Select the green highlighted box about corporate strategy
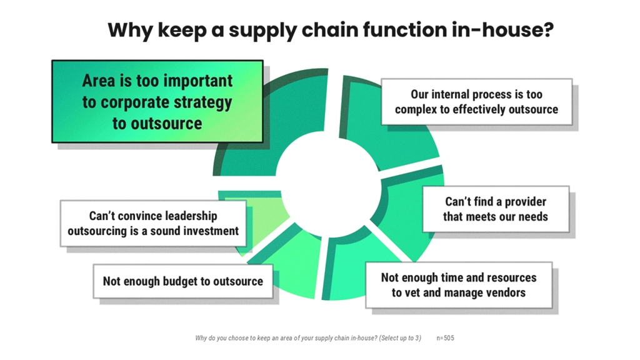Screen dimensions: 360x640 pyautogui.click(x=157, y=102)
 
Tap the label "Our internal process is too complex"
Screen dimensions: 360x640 pyautogui.click(x=476, y=102)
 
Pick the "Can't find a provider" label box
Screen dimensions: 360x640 pyautogui.click(x=496, y=209)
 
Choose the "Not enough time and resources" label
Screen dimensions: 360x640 pyautogui.click(x=459, y=284)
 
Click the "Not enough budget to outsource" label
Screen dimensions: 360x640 pyautogui.click(x=183, y=281)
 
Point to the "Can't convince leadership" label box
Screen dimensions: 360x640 pyautogui.click(x=153, y=223)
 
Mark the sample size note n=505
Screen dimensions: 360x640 pyautogui.click(x=445, y=338)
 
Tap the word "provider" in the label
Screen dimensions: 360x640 pyautogui.click(x=517, y=202)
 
